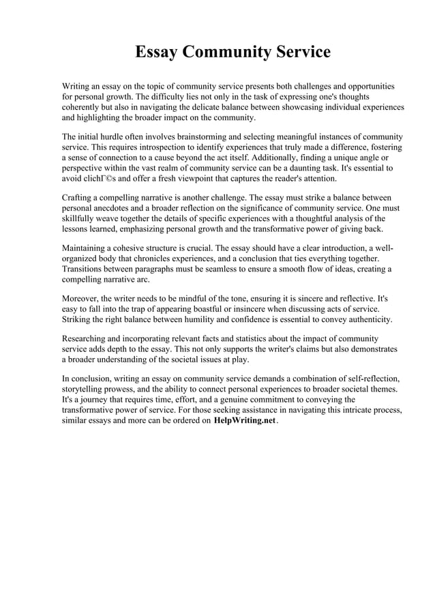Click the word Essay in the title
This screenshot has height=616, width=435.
click(154, 53)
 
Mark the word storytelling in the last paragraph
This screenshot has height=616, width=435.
click(86, 390)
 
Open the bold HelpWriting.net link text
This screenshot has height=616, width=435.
click(244, 421)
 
